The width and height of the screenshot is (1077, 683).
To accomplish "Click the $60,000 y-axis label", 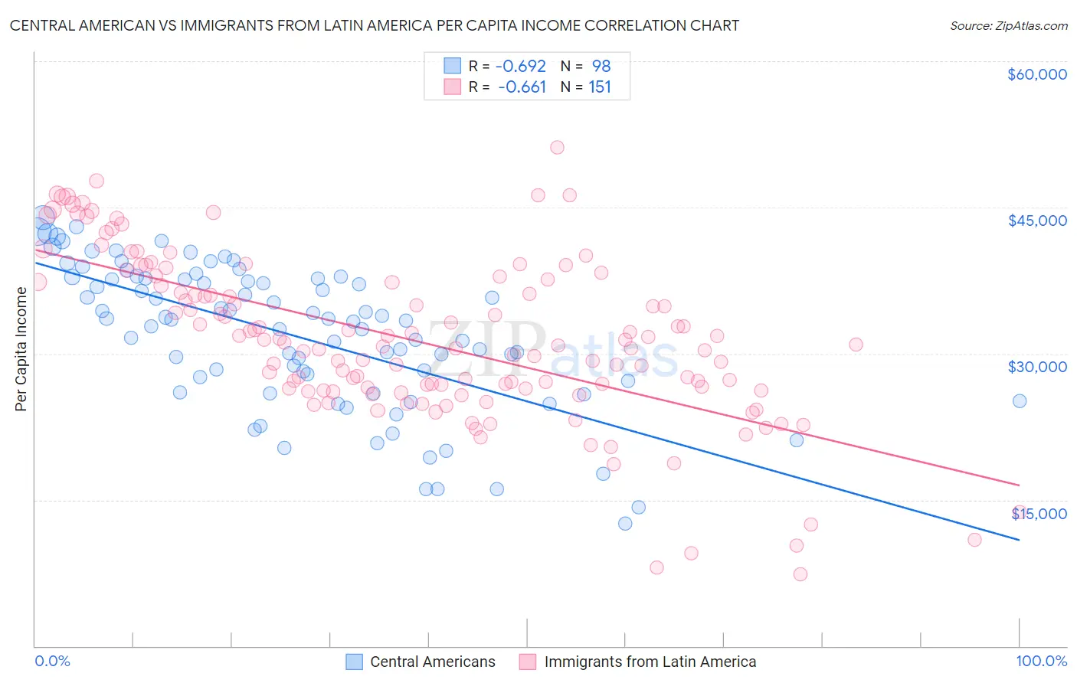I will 1036,74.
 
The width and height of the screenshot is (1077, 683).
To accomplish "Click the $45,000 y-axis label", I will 1036,221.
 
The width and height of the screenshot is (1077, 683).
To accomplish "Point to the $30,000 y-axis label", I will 1036,367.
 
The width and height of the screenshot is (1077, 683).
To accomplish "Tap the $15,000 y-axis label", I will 1039,513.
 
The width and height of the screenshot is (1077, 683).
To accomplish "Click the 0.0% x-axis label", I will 53,662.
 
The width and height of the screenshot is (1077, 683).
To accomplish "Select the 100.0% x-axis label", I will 1041,662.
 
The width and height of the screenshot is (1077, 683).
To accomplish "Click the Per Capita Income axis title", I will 21,348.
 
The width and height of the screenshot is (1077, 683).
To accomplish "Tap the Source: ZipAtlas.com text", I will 1008,25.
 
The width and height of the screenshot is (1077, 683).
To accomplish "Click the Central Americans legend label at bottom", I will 432,662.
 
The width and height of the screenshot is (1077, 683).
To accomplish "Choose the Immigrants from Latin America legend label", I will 650,662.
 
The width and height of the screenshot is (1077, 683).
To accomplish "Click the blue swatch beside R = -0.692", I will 452,67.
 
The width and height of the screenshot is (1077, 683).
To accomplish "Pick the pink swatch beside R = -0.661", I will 452,87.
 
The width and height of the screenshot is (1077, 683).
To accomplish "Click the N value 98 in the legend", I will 601,67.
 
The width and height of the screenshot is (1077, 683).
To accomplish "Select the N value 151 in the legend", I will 600,87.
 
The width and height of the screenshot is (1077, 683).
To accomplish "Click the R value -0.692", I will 522,67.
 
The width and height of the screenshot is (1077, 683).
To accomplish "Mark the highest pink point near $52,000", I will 557,148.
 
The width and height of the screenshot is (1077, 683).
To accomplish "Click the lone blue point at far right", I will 1019,401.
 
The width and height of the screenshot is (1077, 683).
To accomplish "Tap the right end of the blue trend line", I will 1020,541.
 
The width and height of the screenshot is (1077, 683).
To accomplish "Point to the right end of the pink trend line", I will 1020,485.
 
